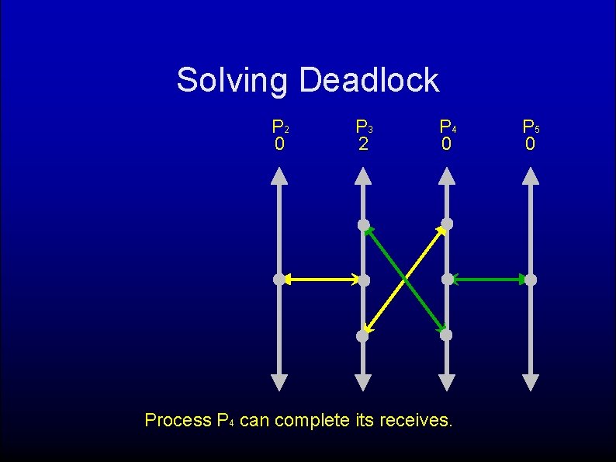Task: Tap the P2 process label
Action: click(279, 126)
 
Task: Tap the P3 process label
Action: click(363, 126)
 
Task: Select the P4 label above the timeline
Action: click(447, 126)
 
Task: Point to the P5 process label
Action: click(530, 126)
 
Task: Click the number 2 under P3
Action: click(363, 144)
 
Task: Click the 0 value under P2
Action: click(279, 144)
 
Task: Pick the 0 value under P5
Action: click(530, 144)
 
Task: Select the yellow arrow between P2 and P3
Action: click(321, 279)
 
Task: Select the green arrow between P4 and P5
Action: click(489, 279)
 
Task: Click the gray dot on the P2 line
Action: click(279, 279)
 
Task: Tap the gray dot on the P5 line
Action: click(531, 279)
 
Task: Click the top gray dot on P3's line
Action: click(363, 225)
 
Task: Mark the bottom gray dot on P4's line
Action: click(447, 335)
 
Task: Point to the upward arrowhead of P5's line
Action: click(531, 176)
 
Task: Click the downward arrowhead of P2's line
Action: click(279, 382)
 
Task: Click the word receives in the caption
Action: click(414, 421)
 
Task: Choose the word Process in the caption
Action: click(178, 421)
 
